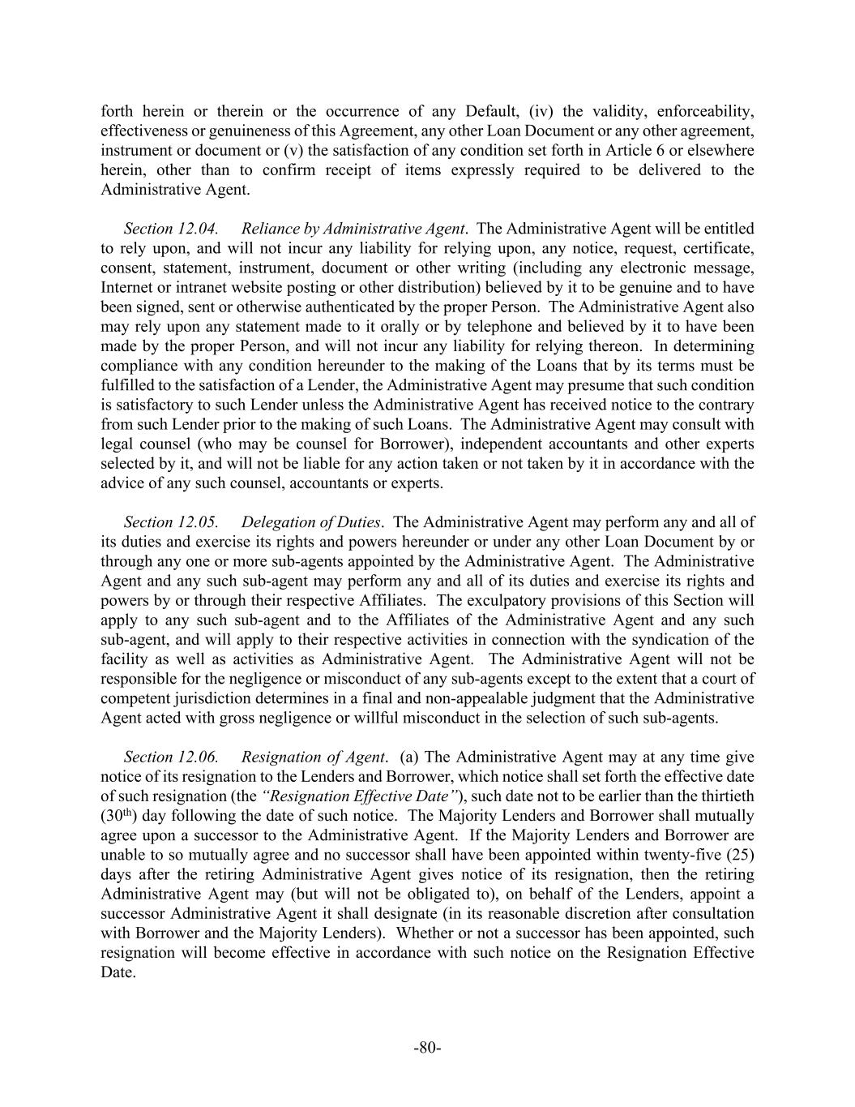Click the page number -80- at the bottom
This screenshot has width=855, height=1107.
(x=427, y=1047)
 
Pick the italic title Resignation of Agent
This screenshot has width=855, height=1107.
(x=313, y=757)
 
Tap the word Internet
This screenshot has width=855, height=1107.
(x=126, y=288)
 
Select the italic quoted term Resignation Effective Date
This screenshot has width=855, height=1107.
(x=361, y=796)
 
